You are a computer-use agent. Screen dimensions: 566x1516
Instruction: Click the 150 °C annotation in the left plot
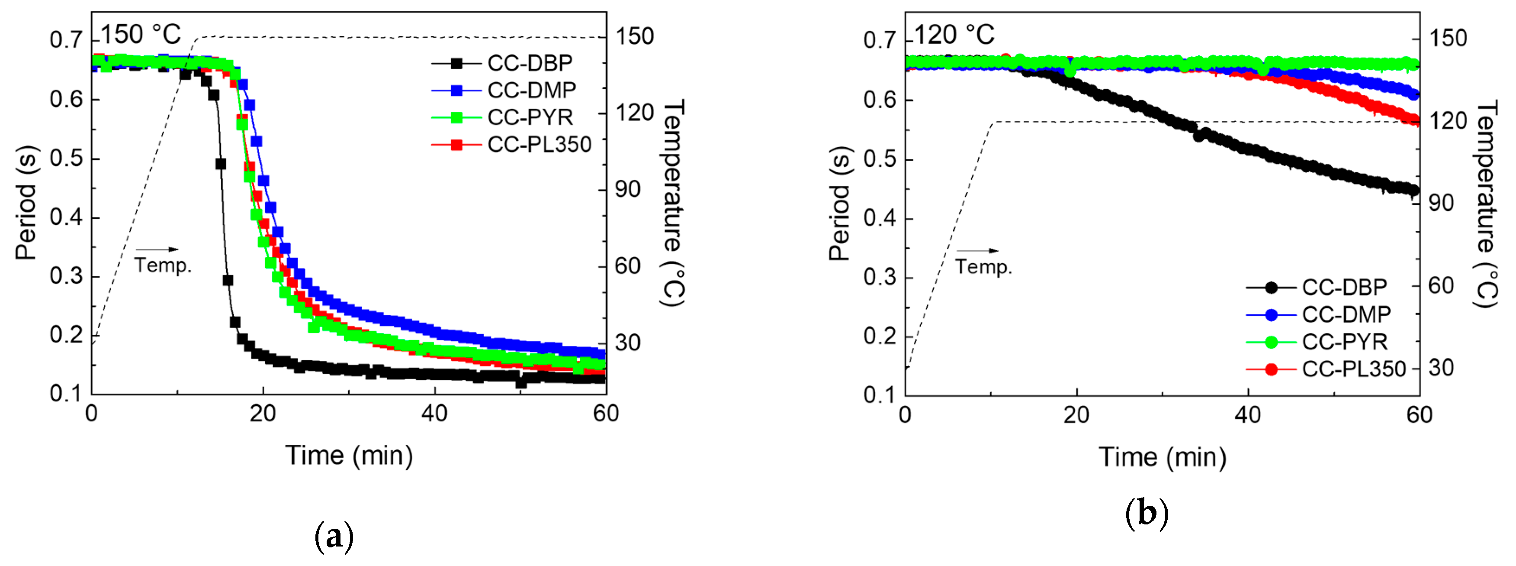point(141,34)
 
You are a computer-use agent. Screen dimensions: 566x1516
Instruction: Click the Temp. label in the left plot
point(163,265)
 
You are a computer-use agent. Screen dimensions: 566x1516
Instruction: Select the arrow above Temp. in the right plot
point(977,251)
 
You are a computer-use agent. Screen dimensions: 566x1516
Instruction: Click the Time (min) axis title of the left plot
point(349,455)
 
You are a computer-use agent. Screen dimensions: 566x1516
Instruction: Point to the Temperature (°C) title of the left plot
point(673,203)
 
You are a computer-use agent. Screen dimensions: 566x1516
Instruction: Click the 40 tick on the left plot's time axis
point(434,414)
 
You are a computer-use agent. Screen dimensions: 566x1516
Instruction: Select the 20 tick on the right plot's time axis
point(1076,416)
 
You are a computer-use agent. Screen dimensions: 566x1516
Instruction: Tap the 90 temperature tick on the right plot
point(1441,203)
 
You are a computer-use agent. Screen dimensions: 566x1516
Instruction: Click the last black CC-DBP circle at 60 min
point(1413,190)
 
